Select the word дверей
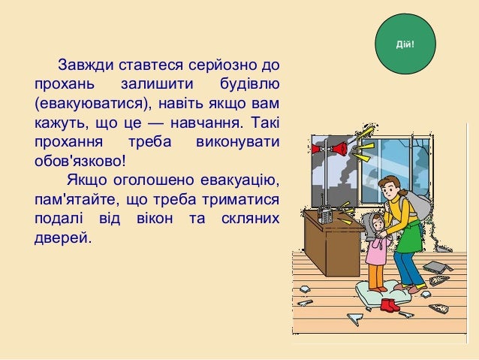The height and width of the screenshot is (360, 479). click(x=61, y=239)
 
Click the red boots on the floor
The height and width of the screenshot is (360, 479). click(x=388, y=304)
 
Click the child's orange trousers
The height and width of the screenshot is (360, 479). click(x=375, y=277)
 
